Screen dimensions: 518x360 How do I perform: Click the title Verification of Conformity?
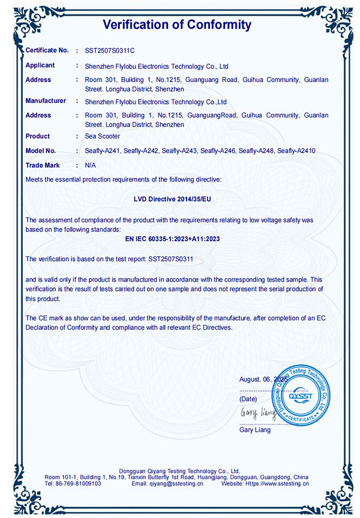[x=177, y=25]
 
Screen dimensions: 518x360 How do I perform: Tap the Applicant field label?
[x=40, y=65]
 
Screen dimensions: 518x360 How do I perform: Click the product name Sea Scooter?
[x=103, y=137]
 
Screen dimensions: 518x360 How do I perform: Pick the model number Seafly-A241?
[x=103, y=151]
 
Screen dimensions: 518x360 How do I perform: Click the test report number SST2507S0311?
[x=174, y=258]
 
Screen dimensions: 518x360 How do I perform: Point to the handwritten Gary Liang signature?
[x=257, y=413]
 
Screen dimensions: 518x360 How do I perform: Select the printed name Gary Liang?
[x=255, y=430]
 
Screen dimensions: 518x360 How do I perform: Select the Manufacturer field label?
[x=46, y=101]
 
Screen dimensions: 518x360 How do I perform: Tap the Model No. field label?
[x=41, y=151]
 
